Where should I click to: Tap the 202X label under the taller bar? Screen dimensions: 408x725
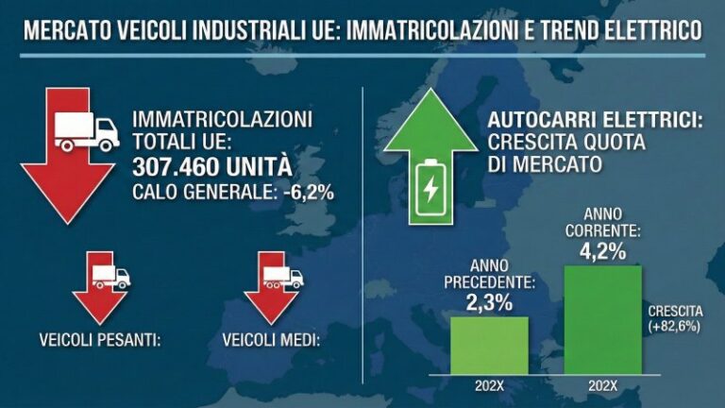602,385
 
